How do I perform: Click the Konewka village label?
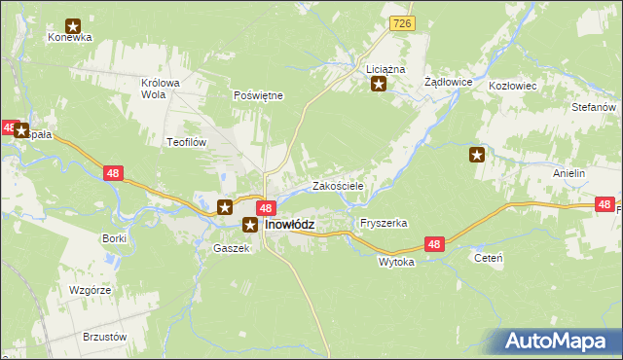(69, 38)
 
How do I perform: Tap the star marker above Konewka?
(72, 26)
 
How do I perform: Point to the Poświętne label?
(258, 95)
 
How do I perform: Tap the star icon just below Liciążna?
(379, 85)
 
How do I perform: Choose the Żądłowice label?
(449, 83)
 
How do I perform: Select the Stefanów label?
(595, 106)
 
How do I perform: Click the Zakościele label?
(338, 185)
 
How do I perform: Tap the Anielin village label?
(568, 173)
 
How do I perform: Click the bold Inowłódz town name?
(289, 224)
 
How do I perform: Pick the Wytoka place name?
(396, 262)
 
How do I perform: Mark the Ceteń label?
(487, 258)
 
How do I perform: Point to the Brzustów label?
(106, 336)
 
